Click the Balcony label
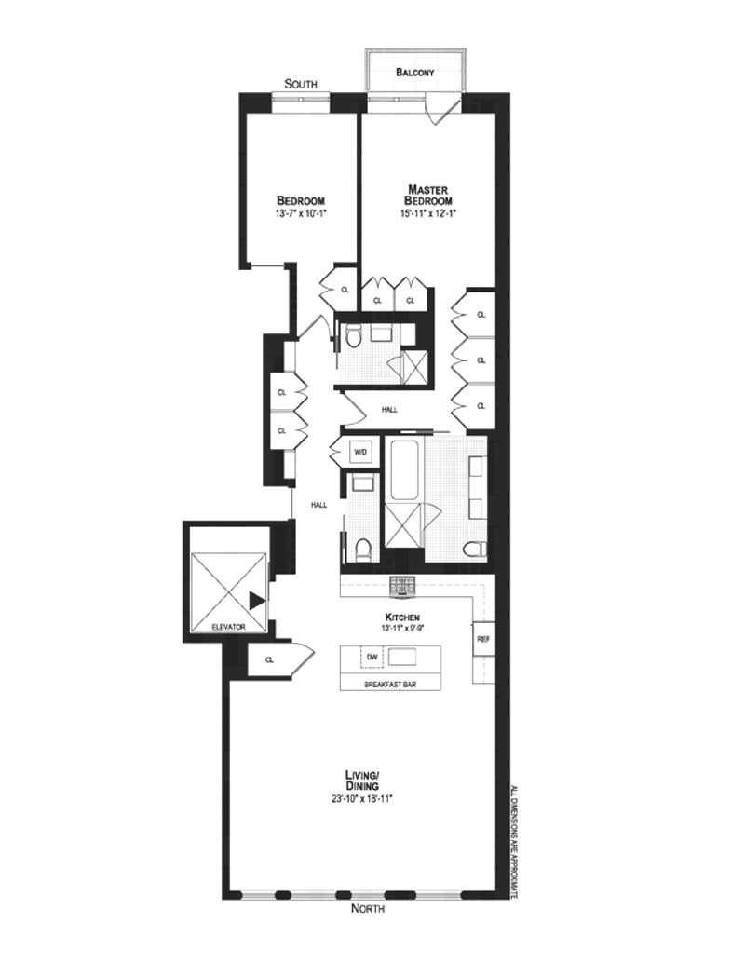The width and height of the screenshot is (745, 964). click(415, 72)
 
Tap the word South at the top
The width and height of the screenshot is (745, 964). click(301, 84)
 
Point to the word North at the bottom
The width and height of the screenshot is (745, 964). click(367, 908)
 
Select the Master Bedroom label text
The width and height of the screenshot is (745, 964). click(428, 195)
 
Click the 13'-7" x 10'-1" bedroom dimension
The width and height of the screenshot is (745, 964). click(301, 214)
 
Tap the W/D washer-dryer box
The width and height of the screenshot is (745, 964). click(360, 452)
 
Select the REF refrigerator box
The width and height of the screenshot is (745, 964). click(482, 640)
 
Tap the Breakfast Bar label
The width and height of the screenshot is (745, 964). click(390, 685)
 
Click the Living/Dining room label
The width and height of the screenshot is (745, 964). click(363, 781)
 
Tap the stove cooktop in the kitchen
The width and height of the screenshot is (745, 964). click(404, 586)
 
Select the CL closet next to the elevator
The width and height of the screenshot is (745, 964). click(269, 659)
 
